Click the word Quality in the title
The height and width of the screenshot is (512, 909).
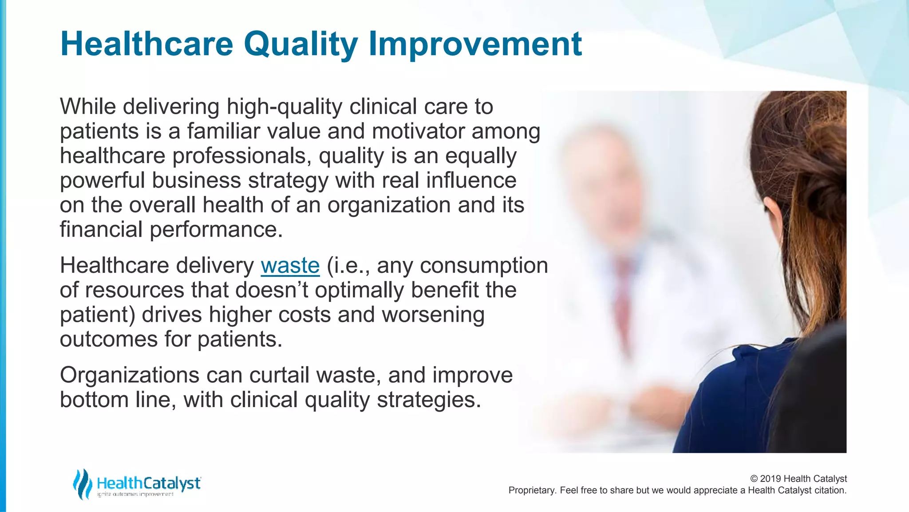(x=300, y=44)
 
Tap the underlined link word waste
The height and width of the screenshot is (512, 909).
(x=290, y=265)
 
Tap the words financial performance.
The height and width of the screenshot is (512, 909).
(x=171, y=230)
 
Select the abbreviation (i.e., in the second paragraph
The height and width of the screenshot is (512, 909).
(x=348, y=266)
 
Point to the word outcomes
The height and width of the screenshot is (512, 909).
(x=109, y=339)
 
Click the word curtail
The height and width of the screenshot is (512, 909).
(x=279, y=375)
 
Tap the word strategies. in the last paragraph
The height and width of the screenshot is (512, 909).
(x=429, y=400)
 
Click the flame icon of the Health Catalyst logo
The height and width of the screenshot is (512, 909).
(x=83, y=484)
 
